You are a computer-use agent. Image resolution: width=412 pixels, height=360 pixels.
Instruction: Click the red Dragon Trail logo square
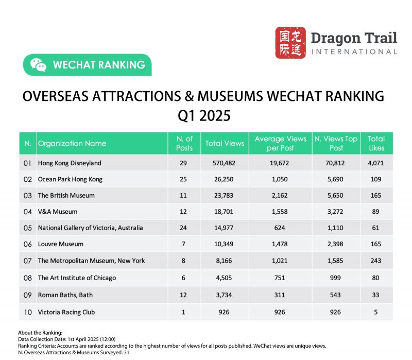click(x=290, y=43)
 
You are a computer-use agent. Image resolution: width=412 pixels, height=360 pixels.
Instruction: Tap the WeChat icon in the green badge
click(x=38, y=65)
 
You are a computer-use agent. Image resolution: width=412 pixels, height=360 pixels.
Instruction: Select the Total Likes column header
click(x=376, y=144)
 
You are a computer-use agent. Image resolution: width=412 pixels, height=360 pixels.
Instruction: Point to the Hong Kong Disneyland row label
click(x=70, y=163)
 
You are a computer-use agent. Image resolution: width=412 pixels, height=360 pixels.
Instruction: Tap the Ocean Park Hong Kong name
click(x=70, y=180)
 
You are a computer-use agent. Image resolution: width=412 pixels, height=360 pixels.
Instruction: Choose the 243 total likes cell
click(x=376, y=261)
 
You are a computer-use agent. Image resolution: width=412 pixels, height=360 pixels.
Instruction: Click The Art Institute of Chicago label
click(x=77, y=278)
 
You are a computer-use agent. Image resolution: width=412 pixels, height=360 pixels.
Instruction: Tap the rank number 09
click(x=27, y=295)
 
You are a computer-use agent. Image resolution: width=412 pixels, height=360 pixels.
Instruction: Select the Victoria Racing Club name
click(x=66, y=312)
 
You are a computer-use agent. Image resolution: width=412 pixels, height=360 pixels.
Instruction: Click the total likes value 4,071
click(x=376, y=163)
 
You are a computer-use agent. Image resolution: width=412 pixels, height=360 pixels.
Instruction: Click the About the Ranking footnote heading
click(x=40, y=333)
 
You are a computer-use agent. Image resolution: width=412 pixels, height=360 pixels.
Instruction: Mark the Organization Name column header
click(x=72, y=144)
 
